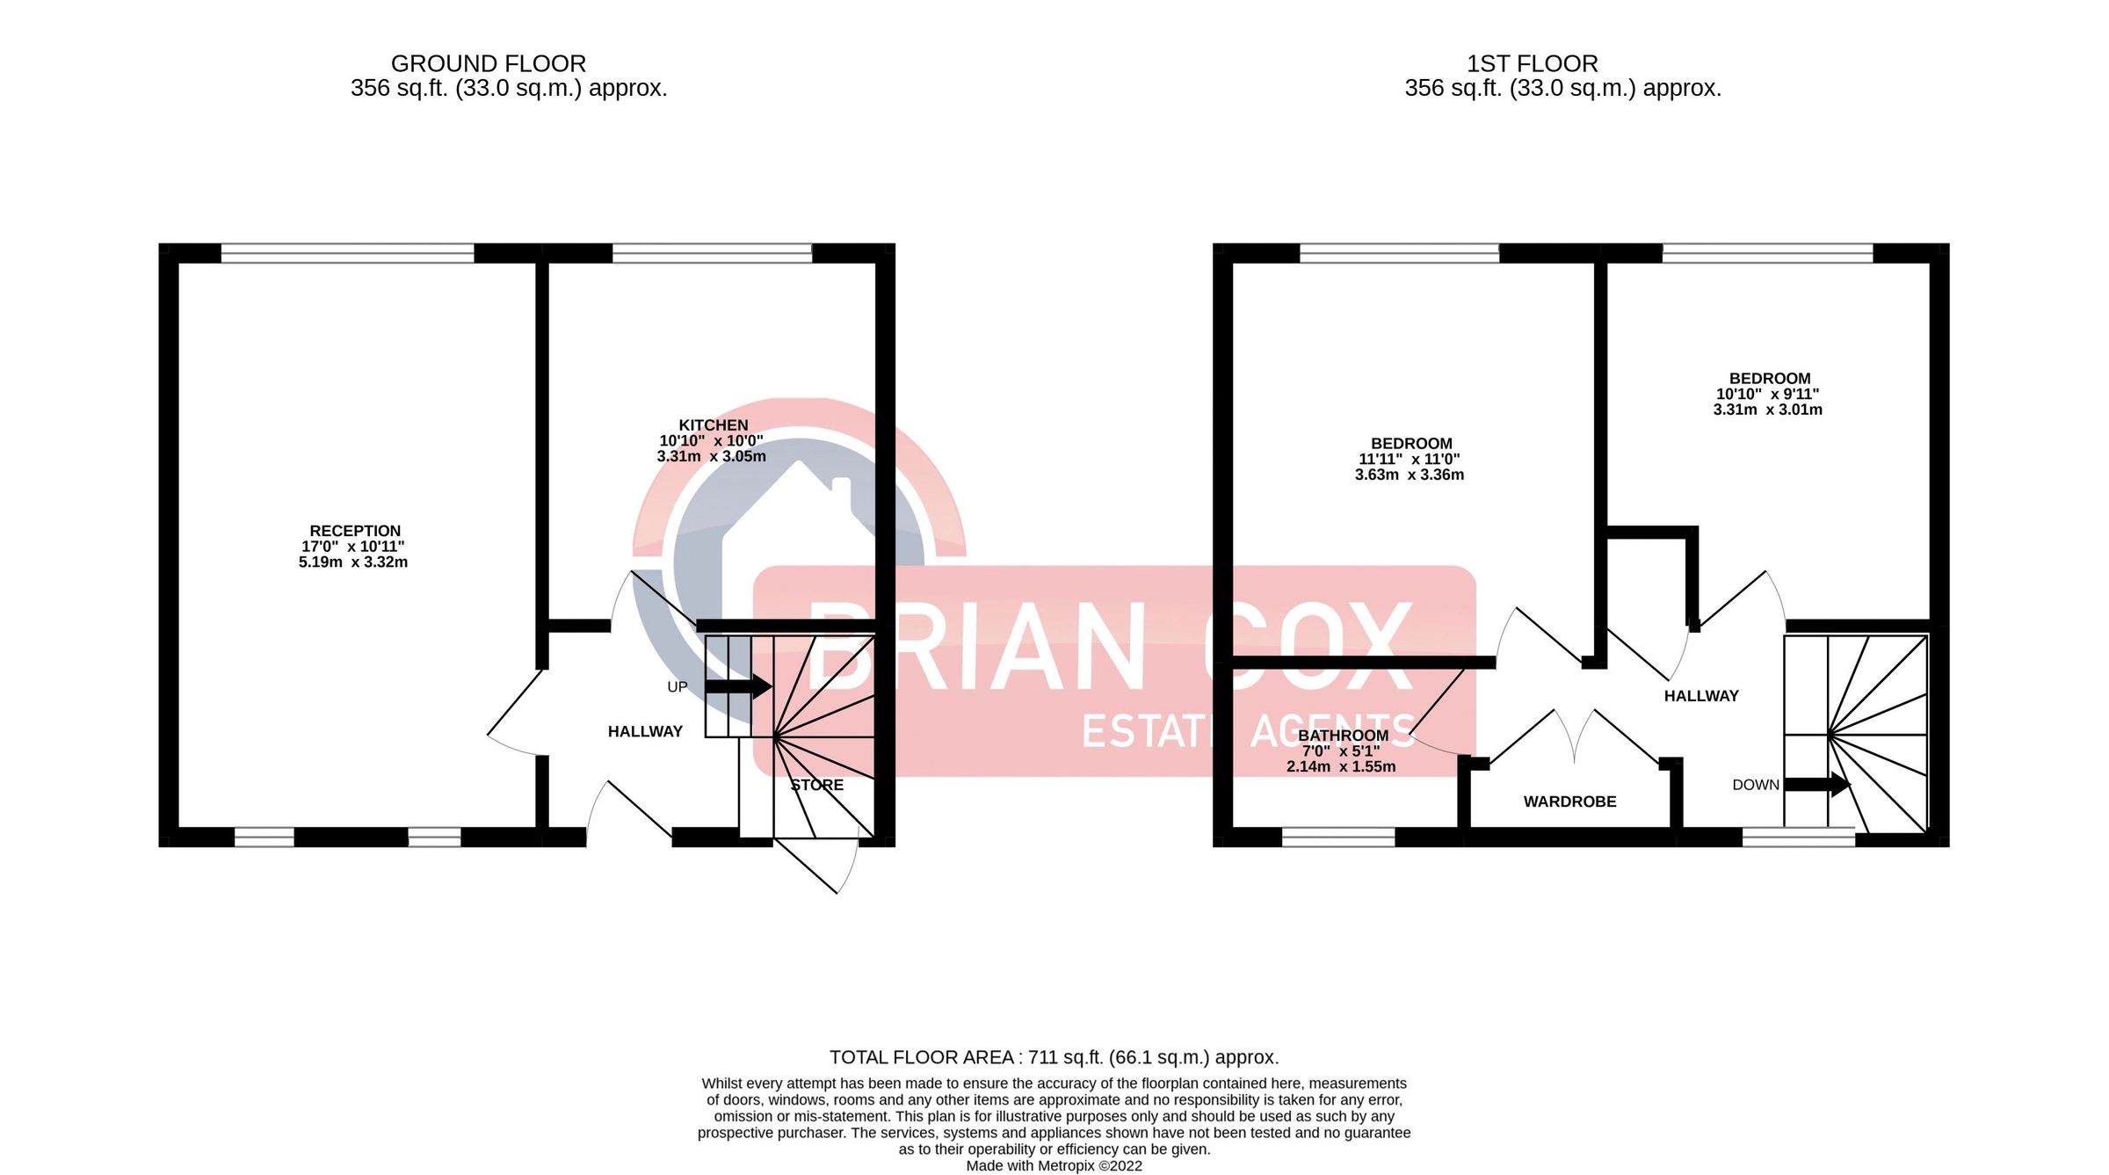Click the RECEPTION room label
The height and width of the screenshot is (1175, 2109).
click(x=355, y=531)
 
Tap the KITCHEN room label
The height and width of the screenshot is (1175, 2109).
click(x=713, y=425)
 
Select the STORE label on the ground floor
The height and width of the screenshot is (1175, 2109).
click(x=816, y=785)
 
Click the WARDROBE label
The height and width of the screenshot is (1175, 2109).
click(x=1569, y=801)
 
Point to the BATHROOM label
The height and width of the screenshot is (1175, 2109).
click(x=1343, y=736)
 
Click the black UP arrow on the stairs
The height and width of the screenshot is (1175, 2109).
click(x=738, y=685)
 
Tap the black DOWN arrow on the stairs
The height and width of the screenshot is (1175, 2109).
click(x=1816, y=784)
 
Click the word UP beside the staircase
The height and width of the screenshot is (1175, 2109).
click(x=677, y=687)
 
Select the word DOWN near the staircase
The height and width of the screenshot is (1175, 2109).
click(x=1755, y=785)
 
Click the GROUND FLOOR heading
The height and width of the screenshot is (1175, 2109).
click(x=488, y=64)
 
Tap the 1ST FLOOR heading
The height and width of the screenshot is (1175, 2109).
click(x=1532, y=64)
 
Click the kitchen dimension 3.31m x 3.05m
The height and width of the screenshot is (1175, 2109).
click(x=711, y=457)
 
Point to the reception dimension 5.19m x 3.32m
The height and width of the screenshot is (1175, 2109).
click(x=353, y=562)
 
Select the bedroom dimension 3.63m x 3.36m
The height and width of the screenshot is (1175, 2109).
click(x=1409, y=475)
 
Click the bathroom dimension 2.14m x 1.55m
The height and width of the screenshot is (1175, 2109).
click(x=1341, y=766)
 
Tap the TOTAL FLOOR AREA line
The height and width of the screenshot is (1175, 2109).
click(x=1054, y=1057)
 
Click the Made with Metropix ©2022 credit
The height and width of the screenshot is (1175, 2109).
click(x=1054, y=1166)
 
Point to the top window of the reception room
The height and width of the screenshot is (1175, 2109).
click(x=347, y=253)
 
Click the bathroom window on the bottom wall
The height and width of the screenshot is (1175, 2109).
click(x=1337, y=837)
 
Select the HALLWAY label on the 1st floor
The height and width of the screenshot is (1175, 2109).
click(x=1701, y=696)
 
